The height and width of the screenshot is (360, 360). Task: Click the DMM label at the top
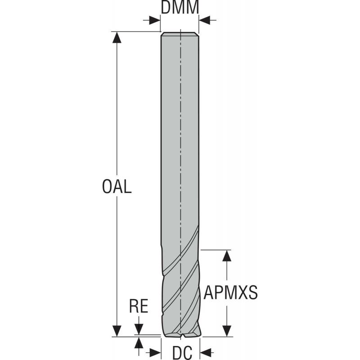(180, 7)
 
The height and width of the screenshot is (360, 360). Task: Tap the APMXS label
(230, 293)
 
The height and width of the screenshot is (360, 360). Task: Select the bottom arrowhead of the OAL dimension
(117, 331)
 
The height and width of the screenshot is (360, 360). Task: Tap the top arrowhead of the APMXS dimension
(227, 255)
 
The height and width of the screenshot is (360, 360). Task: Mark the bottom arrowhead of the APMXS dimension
(227, 331)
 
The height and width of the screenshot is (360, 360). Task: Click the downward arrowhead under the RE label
(139, 330)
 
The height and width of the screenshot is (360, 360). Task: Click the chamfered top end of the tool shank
(180, 34)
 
